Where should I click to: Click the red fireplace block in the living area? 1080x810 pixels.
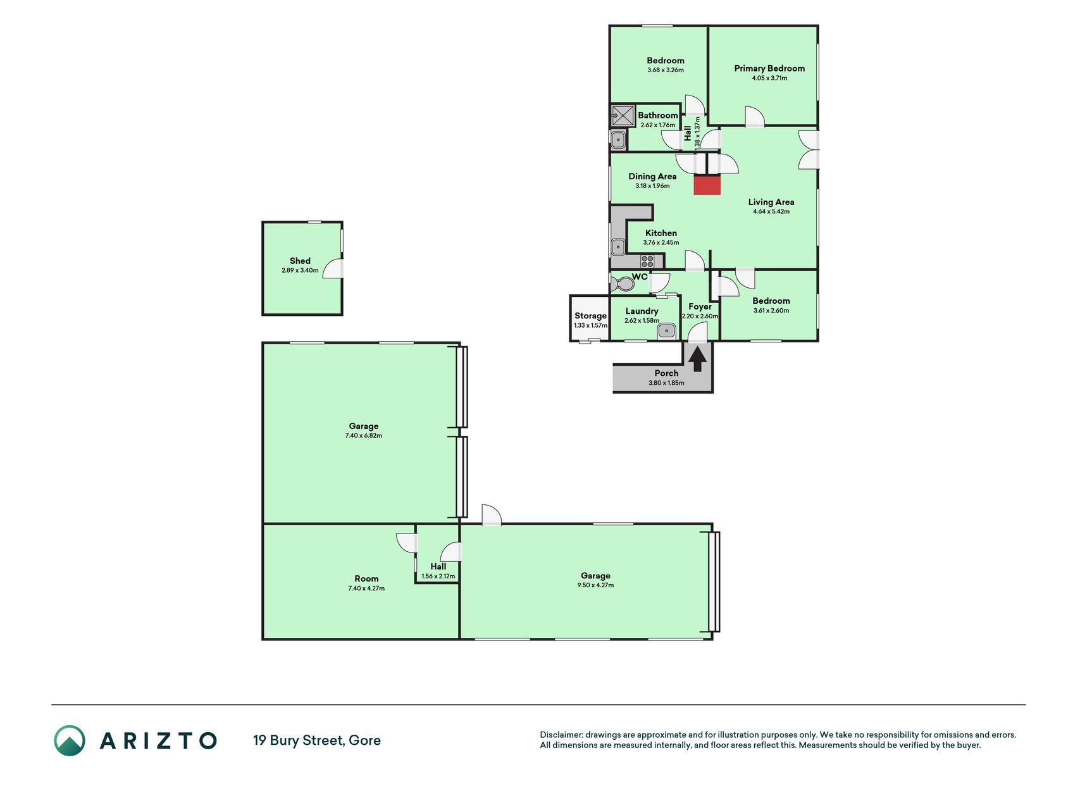point(707,185)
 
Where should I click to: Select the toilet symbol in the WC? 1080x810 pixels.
point(623,283)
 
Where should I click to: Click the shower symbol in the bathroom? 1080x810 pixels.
point(623,116)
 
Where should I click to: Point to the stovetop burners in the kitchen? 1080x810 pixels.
point(647,261)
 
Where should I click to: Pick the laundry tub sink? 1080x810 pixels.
point(666,330)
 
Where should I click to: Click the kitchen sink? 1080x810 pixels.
point(618,246)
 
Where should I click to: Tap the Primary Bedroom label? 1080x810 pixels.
point(769,68)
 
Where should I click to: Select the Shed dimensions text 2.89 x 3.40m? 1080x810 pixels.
point(300,270)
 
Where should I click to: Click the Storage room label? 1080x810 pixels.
point(590,316)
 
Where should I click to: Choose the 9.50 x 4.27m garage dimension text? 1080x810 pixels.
point(595,585)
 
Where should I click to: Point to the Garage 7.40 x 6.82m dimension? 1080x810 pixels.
point(364,436)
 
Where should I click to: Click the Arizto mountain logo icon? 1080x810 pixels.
point(70,740)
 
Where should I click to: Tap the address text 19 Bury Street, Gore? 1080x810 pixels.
point(317,740)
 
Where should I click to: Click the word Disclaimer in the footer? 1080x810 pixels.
point(561,735)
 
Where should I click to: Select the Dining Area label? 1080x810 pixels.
point(652,177)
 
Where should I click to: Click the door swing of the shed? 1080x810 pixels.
point(332,269)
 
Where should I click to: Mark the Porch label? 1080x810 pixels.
point(666,373)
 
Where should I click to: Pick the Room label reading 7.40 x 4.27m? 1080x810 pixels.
point(366,589)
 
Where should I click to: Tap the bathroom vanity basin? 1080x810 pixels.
point(618,140)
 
